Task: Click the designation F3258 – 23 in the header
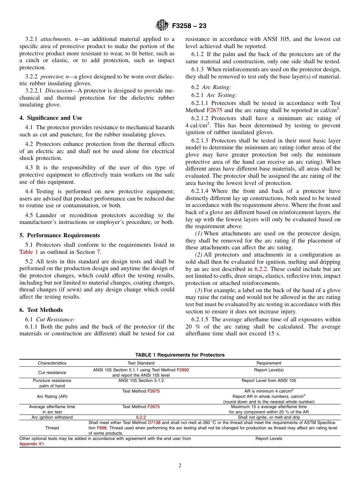click(189, 26)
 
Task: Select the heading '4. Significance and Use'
click(51, 118)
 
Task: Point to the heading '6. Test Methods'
click(41, 310)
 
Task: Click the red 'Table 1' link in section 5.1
click(29, 252)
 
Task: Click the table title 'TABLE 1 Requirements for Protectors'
click(180, 355)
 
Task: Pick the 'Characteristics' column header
click(52, 363)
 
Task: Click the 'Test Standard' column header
click(141, 363)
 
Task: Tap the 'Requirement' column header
click(269, 363)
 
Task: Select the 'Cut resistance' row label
click(52, 372)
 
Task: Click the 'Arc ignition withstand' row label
click(52, 417)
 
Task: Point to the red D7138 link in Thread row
click(154, 422)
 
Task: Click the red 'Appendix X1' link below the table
click(31, 444)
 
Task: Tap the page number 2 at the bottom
click(180, 466)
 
